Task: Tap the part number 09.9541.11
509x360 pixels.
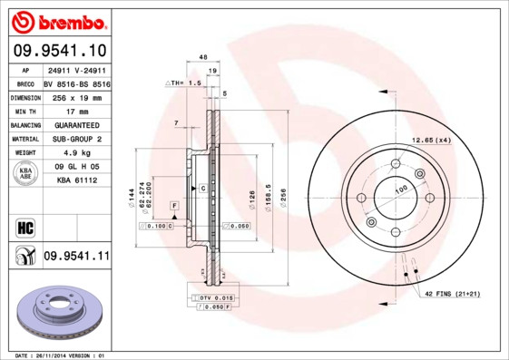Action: (x=75, y=257)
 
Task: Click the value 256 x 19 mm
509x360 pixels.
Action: (x=75, y=96)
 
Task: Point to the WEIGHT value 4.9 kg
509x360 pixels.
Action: (x=75, y=153)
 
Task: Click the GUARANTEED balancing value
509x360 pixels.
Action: (x=75, y=124)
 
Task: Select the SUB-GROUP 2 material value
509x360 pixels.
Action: (x=75, y=139)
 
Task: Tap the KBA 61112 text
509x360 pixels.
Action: (x=75, y=180)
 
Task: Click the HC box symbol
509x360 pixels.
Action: (x=25, y=227)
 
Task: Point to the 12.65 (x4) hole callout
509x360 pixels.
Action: (x=431, y=140)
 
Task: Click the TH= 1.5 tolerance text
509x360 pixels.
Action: (x=183, y=83)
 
